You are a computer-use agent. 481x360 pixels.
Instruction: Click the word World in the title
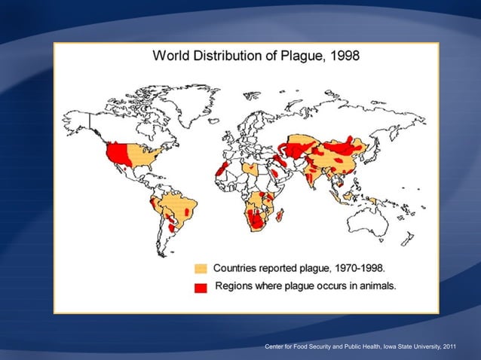pyautogui.click(x=172, y=56)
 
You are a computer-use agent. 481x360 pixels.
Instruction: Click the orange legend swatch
pyautogui.click(x=201, y=269)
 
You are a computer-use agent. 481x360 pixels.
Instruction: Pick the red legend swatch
pyautogui.click(x=201, y=287)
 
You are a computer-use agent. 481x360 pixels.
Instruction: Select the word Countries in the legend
pyautogui.click(x=239, y=268)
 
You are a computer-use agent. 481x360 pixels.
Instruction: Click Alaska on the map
pyautogui.click(x=78, y=121)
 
